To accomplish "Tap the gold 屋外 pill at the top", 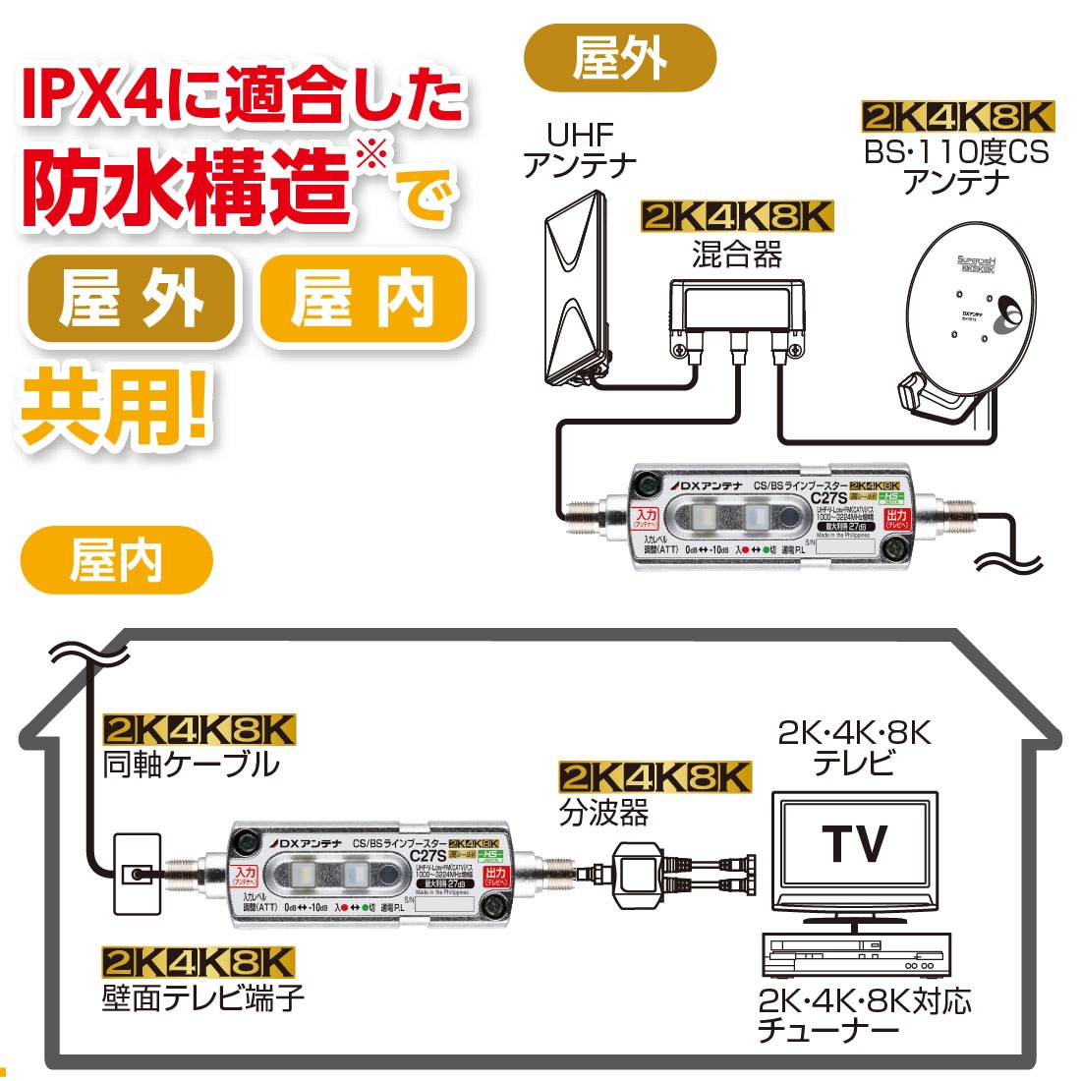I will (x=620, y=58).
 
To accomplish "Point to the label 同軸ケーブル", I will (x=192, y=765).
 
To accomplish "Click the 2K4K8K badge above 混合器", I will (x=736, y=216).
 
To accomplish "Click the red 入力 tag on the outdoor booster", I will (x=645, y=517).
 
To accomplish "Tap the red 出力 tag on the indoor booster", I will (x=495, y=875).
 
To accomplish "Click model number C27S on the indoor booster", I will (x=428, y=855).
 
